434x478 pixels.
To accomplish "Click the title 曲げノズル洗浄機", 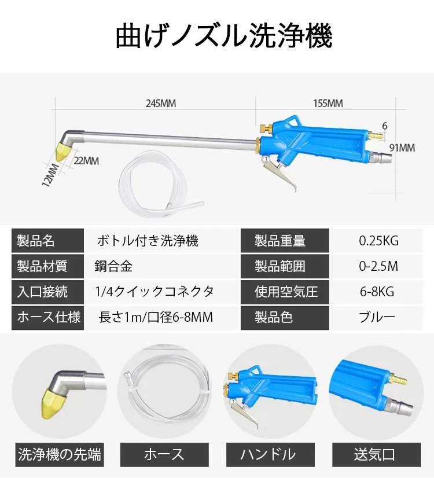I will tap(223, 36).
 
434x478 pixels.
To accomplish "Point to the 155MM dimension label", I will tap(328, 104).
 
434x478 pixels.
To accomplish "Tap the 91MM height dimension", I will tap(402, 148).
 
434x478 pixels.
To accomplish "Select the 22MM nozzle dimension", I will tap(86, 161).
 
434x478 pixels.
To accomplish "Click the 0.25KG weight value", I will tap(379, 241).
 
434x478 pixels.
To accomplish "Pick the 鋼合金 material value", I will tap(113, 266).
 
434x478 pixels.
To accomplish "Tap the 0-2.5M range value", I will tap(378, 266).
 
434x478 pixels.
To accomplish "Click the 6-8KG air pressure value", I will tap(377, 292).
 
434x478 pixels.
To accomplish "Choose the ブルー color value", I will tap(377, 317).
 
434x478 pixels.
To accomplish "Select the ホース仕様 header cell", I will tap(48, 317).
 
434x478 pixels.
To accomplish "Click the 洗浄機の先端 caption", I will tap(60, 455).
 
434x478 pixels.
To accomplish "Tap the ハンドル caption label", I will tap(267, 455).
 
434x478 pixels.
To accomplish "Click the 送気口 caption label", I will tap(375, 455).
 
